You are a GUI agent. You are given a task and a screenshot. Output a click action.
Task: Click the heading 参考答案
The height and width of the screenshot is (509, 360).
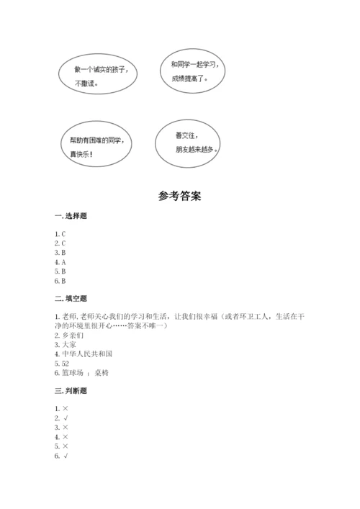click(x=180, y=195)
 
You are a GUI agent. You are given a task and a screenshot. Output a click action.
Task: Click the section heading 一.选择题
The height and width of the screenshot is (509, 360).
click(x=71, y=217)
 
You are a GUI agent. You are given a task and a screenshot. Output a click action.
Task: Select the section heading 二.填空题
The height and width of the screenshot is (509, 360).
click(x=71, y=299)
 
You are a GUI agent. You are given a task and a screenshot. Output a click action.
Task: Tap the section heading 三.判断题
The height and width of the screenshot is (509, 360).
click(x=71, y=391)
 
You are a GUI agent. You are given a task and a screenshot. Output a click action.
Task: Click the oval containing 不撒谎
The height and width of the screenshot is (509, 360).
click(x=100, y=76)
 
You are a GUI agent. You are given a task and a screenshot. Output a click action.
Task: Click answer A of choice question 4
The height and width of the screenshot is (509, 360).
click(x=63, y=262)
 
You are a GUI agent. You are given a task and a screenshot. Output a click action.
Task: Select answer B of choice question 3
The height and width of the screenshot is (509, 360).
click(x=63, y=253)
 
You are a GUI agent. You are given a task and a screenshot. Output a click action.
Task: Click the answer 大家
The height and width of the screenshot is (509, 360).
click(x=69, y=345)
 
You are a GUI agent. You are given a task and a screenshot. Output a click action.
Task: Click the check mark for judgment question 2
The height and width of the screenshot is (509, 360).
click(x=66, y=418)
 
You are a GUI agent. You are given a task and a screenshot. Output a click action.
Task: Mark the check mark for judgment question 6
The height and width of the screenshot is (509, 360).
click(x=66, y=456)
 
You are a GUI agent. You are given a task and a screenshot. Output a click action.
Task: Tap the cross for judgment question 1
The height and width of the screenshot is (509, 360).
click(x=66, y=409)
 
